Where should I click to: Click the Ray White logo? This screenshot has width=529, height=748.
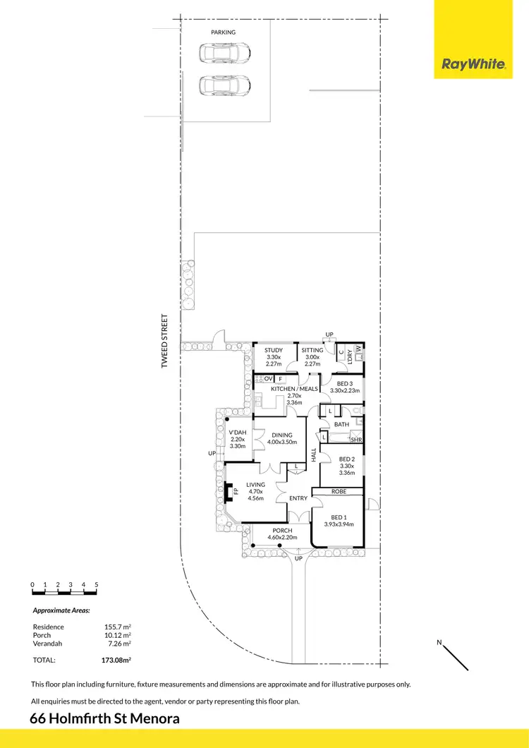click(473, 64)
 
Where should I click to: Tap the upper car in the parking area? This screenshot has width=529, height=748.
click(225, 53)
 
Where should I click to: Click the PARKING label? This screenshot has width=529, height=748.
click(223, 32)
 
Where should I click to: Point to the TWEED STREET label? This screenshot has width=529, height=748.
click(165, 342)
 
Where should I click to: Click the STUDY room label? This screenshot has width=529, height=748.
click(274, 350)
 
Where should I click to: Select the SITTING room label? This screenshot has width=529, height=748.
click(312, 350)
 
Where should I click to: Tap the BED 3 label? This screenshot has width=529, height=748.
click(345, 382)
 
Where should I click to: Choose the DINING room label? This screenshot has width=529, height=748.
click(282, 435)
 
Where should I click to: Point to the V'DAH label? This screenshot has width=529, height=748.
click(238, 433)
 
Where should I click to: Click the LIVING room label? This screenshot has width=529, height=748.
click(255, 485)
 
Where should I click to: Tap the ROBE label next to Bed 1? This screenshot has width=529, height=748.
click(339, 491)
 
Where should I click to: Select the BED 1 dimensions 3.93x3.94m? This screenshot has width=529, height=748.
click(339, 524)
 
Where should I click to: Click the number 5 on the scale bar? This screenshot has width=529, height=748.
click(96, 585)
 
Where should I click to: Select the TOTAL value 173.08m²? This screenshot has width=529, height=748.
click(116, 660)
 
